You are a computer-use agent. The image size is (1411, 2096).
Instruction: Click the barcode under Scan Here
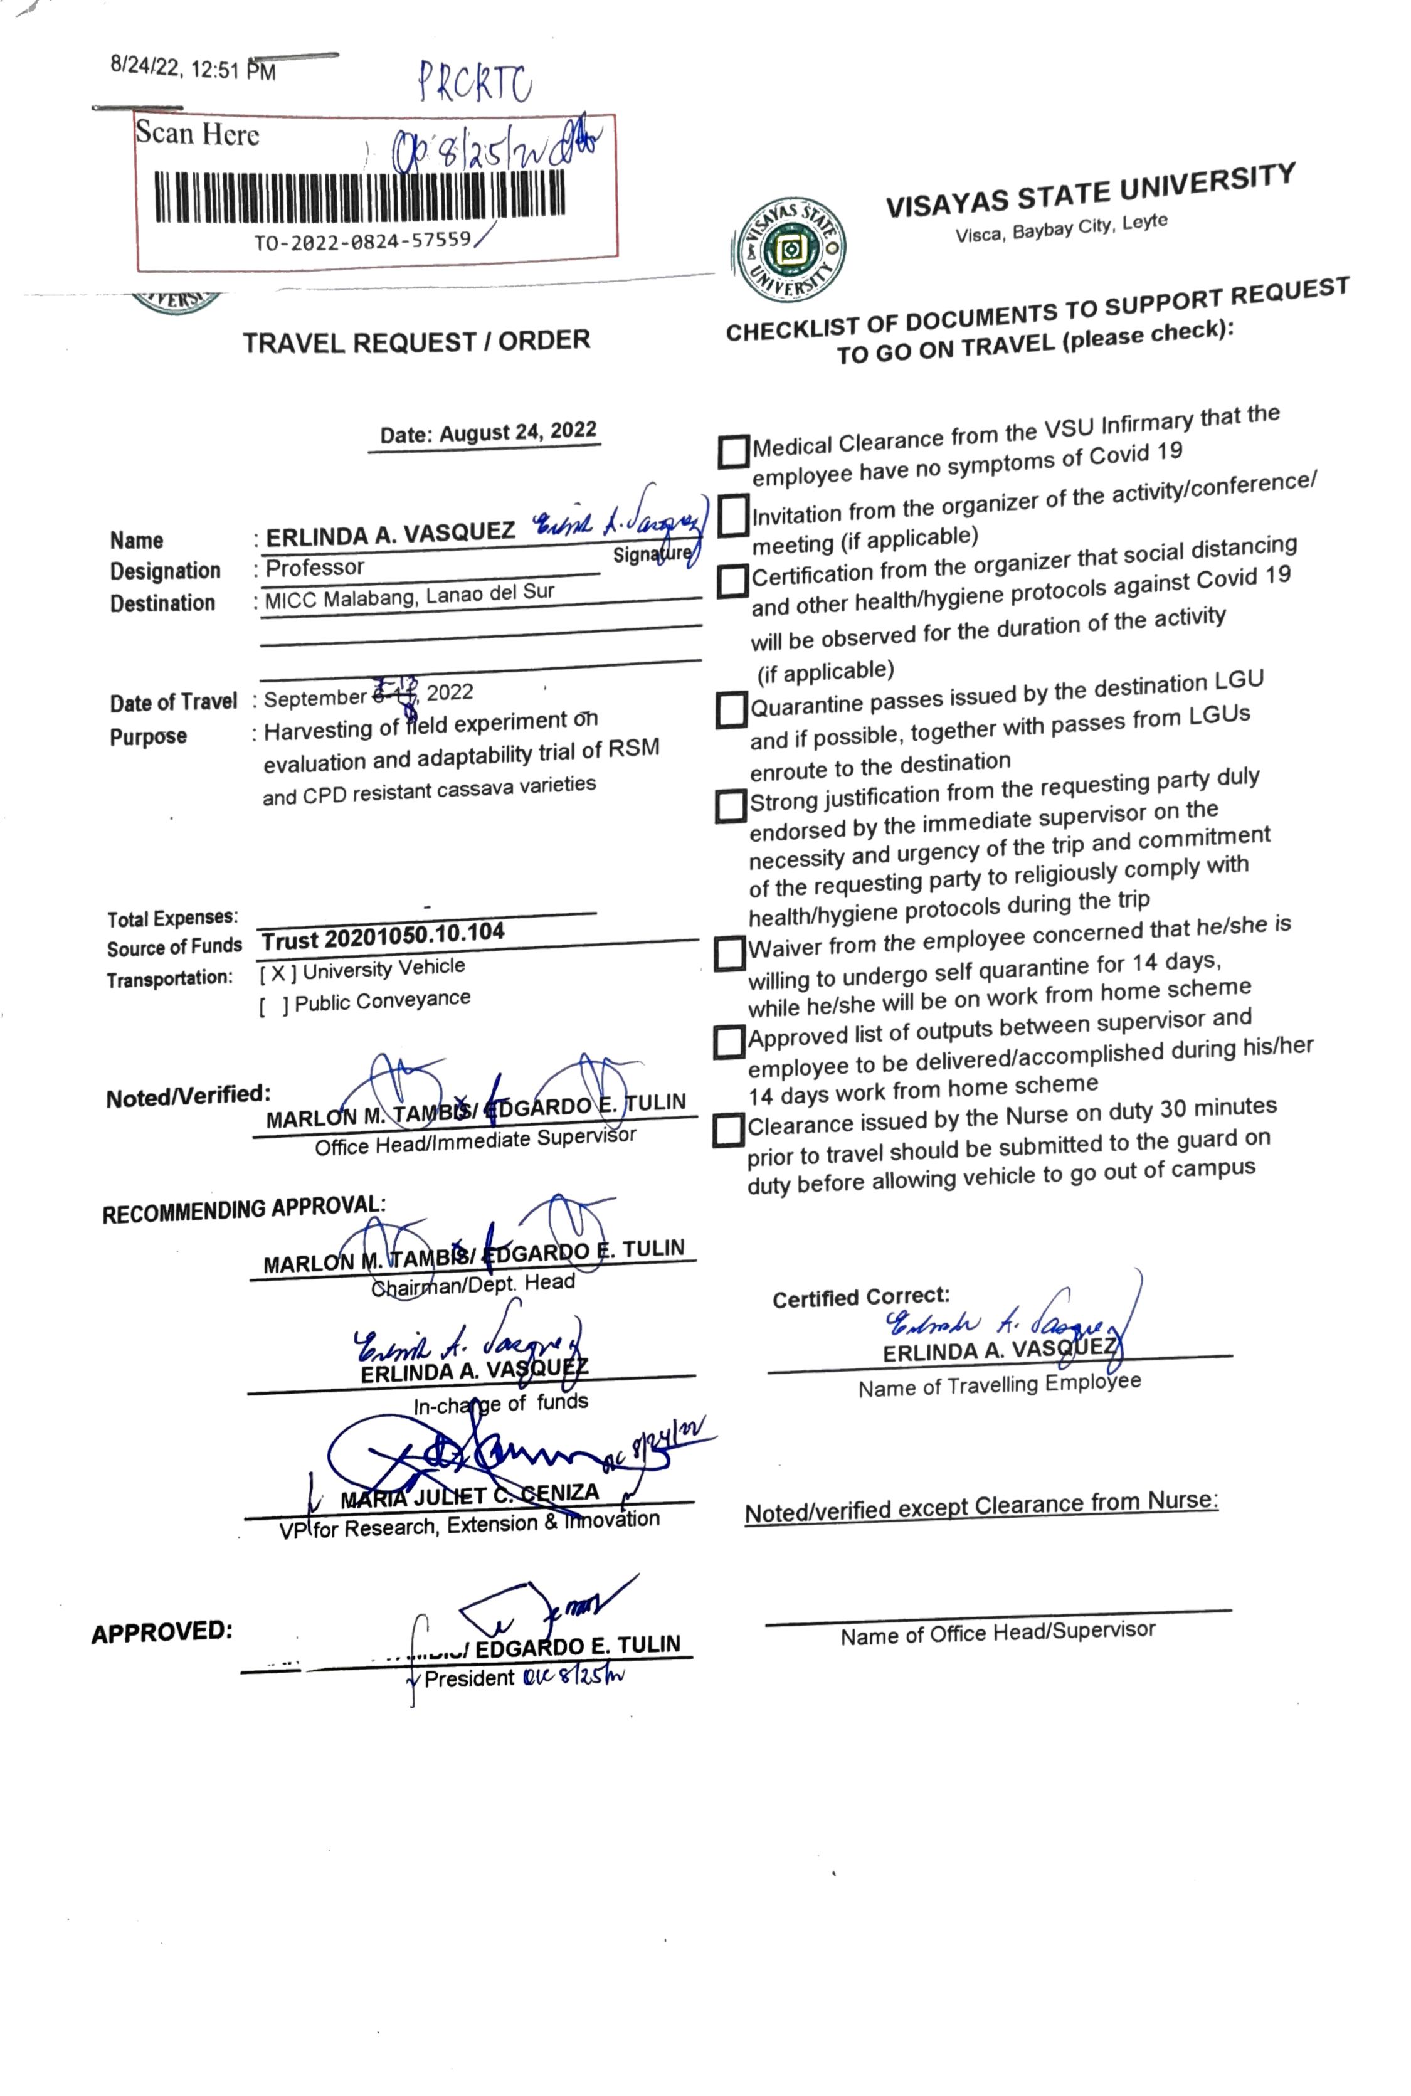click(361, 197)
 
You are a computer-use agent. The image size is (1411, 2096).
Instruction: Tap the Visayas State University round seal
click(789, 249)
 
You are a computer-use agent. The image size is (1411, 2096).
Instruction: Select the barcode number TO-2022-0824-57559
click(362, 240)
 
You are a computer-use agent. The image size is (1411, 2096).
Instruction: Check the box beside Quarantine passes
click(732, 710)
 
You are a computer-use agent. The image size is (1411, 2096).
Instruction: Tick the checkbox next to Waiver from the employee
click(730, 954)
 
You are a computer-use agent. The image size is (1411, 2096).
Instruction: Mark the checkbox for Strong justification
click(731, 807)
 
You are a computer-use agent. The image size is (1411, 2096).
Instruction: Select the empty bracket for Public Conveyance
click(273, 1006)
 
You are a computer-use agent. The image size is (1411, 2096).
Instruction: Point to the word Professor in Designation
click(315, 568)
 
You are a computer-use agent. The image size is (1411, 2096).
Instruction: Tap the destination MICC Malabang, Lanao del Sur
click(410, 596)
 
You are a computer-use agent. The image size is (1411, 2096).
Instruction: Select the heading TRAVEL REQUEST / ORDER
click(416, 342)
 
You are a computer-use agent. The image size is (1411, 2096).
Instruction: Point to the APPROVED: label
click(162, 1632)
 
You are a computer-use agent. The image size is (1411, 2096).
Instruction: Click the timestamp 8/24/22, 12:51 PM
click(193, 68)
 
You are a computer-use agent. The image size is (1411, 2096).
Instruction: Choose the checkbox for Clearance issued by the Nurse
click(728, 1130)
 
